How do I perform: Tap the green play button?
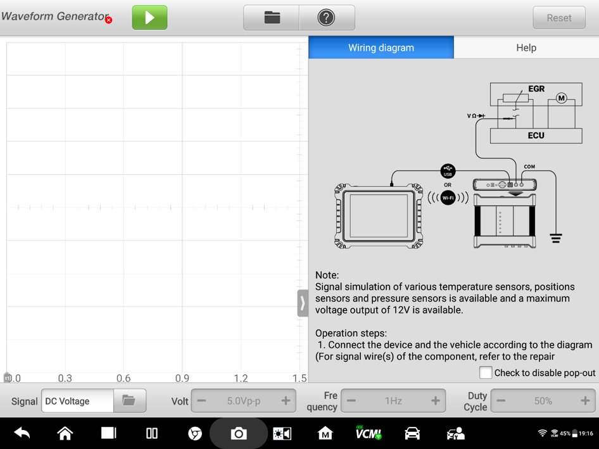pyautogui.click(x=149, y=18)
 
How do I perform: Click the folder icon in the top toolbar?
pyautogui.click(x=272, y=18)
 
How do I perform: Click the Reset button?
pyautogui.click(x=559, y=18)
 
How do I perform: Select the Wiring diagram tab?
pyautogui.click(x=381, y=47)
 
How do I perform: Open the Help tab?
pyautogui.click(x=526, y=47)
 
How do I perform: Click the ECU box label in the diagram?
pyautogui.click(x=536, y=136)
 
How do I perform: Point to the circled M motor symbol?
pyautogui.click(x=561, y=98)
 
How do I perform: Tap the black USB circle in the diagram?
pyautogui.click(x=448, y=171)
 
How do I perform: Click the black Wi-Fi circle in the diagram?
pyautogui.click(x=448, y=198)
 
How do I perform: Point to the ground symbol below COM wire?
pyautogui.click(x=556, y=238)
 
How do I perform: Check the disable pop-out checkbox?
pyautogui.click(x=486, y=372)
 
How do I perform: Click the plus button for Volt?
pyautogui.click(x=286, y=400)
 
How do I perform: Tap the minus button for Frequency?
pyautogui.click(x=351, y=400)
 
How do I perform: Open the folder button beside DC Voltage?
pyautogui.click(x=129, y=400)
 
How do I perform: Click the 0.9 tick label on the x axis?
pyautogui.click(x=182, y=378)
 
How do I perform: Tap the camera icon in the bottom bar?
pyautogui.click(x=239, y=433)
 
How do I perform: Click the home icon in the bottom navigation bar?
pyautogui.click(x=65, y=433)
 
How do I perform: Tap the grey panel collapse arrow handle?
pyautogui.click(x=303, y=303)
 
